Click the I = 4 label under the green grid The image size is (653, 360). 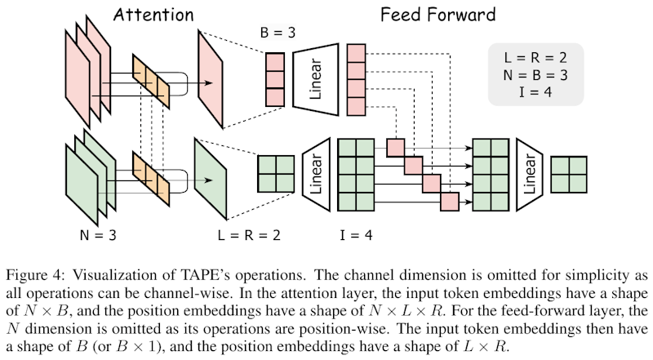point(355,236)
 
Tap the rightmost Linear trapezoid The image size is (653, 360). point(529,173)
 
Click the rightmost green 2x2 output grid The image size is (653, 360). point(570,174)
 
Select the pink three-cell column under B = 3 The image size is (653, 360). point(274,80)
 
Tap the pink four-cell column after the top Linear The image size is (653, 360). point(356,80)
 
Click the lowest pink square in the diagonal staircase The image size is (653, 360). point(450,200)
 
